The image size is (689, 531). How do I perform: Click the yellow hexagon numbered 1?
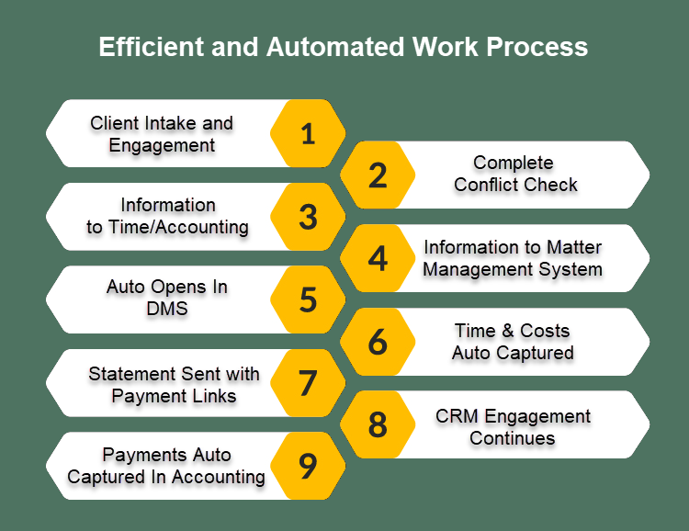point(308,134)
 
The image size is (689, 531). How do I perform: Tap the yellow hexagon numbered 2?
point(378,175)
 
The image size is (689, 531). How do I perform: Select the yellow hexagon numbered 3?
point(308,217)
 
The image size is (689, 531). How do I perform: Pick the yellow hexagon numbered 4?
point(378,258)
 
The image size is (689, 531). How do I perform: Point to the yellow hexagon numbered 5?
point(308,300)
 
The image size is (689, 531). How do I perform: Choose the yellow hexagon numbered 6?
point(378,342)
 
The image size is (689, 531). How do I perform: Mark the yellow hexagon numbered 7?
point(308,383)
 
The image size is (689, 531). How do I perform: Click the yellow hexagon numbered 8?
point(378,424)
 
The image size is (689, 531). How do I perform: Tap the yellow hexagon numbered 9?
point(308,467)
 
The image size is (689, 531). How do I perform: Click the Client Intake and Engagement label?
point(162,134)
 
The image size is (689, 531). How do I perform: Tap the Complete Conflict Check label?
point(514,174)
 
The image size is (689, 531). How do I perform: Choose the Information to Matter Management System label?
point(513,258)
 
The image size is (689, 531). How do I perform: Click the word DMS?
point(167,310)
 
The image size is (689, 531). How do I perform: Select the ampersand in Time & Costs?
point(504,331)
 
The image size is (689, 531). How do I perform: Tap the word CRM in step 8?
point(457,416)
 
